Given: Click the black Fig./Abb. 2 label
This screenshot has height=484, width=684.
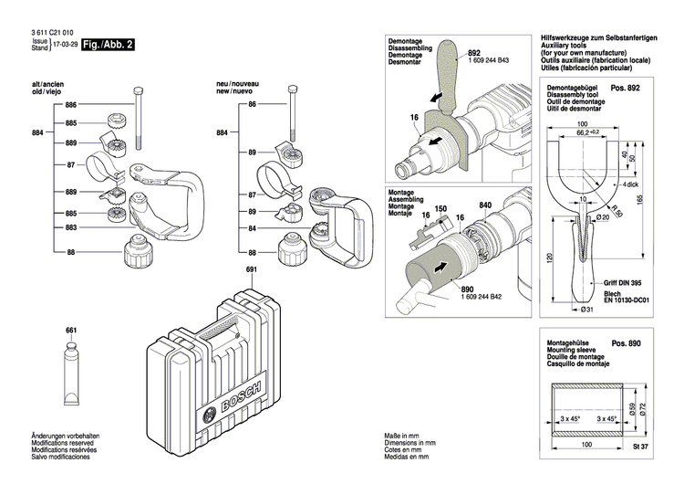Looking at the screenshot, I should click(x=109, y=44).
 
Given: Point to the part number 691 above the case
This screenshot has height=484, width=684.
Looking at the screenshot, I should click(x=252, y=269).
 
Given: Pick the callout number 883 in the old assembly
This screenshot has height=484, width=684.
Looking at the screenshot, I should click(x=70, y=226).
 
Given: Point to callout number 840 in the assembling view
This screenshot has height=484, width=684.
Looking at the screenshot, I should click(x=485, y=205).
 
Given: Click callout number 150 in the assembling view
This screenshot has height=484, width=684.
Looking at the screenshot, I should click(x=440, y=208).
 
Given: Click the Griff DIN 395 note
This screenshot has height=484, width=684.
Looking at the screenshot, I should click(x=624, y=284).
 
